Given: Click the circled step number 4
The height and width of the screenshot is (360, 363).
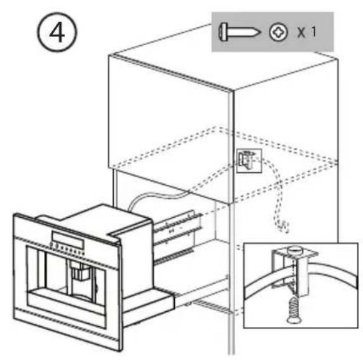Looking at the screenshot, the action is [57, 32].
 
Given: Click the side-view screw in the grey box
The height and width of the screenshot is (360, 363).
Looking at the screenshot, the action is [240, 32].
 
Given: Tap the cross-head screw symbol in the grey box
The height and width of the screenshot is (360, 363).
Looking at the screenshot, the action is [278, 32].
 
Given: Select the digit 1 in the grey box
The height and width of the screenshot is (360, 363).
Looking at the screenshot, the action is [313, 32].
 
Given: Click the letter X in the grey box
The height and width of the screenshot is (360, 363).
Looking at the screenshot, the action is [301, 32].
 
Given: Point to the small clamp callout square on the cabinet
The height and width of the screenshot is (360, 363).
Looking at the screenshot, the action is [249, 161].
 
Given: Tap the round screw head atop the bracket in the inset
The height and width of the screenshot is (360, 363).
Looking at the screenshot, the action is [294, 250].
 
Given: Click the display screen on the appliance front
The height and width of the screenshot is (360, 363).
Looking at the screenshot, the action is [68, 240].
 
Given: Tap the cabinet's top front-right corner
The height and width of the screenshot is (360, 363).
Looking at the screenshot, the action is [233, 90].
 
